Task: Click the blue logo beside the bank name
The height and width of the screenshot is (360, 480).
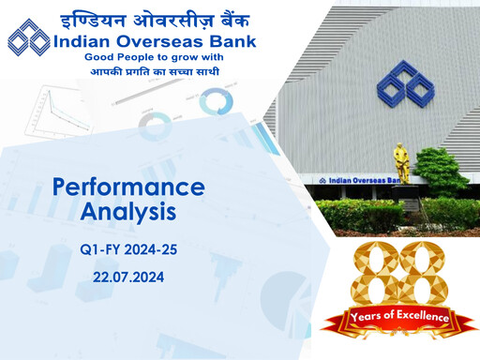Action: pos(29,38)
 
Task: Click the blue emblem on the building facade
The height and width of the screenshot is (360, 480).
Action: pos(405,83)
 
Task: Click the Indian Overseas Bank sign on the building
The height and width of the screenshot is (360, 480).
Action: pos(366,180)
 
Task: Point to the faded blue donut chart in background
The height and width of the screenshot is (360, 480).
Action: pos(215,101)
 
